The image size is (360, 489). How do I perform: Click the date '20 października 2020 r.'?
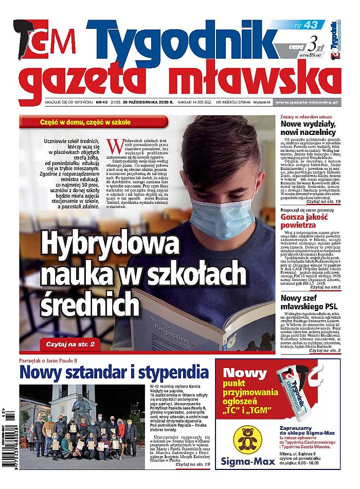click(x=146, y=102)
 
